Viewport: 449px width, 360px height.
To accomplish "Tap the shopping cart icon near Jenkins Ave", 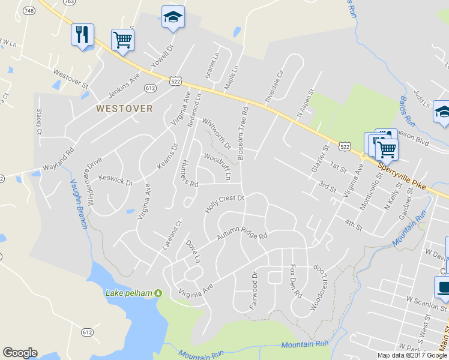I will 122,40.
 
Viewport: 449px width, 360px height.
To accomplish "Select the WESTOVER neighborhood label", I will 124,109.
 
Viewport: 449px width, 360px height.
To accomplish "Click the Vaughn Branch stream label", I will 79,204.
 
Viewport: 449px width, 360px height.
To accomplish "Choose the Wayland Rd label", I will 58,159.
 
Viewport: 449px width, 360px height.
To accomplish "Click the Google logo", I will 20,353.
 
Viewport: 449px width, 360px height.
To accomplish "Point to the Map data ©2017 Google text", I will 413,355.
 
